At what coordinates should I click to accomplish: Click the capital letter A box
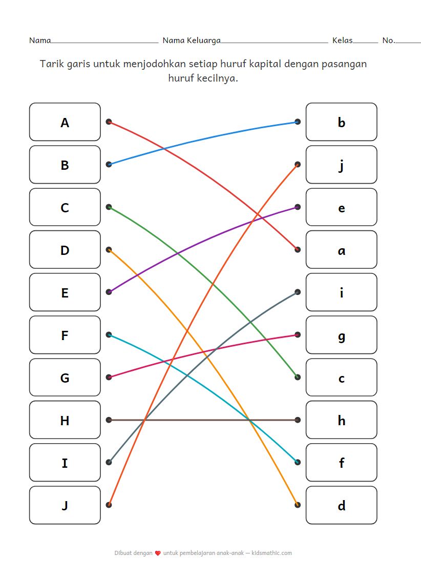(65, 122)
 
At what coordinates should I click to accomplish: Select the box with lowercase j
(341, 165)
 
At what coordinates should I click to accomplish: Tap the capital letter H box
(65, 420)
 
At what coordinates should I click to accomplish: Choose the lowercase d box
(341, 505)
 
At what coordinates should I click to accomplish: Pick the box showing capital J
(65, 505)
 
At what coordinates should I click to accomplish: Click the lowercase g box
(341, 335)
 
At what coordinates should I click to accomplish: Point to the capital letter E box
(65, 292)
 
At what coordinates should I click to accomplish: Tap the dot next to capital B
(109, 165)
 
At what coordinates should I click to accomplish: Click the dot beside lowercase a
(298, 250)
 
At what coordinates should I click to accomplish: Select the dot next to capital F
(109, 335)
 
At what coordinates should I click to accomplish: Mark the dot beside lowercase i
(298, 292)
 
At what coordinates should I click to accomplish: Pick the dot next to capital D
(109, 250)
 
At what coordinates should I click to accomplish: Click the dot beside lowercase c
(298, 378)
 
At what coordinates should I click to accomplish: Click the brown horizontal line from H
(205, 420)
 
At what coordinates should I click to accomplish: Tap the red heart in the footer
(158, 553)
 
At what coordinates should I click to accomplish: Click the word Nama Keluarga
(192, 41)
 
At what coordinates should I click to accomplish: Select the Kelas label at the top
(342, 41)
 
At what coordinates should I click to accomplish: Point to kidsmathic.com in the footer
(272, 553)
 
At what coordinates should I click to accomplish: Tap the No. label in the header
(388, 41)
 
